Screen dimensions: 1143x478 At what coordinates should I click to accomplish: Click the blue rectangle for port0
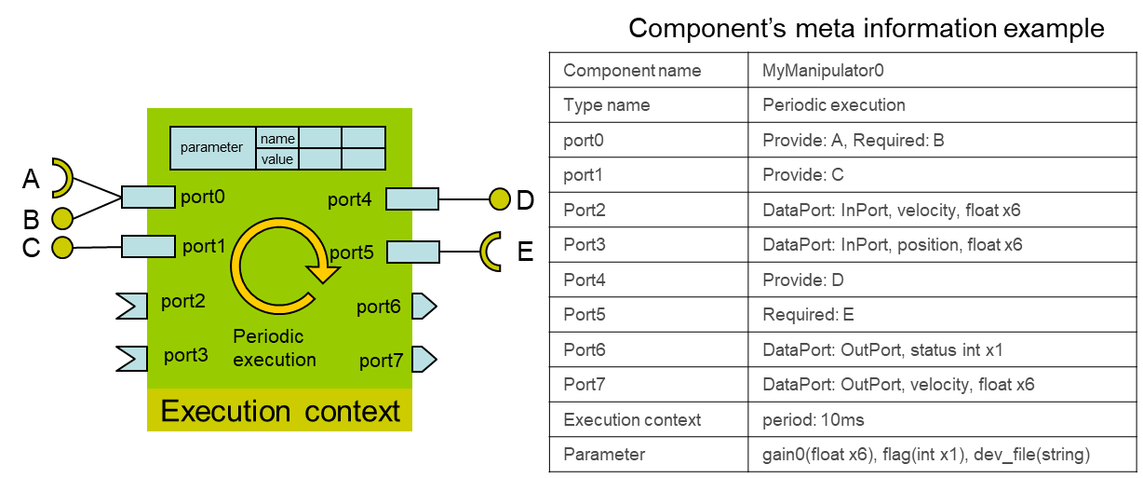point(149,198)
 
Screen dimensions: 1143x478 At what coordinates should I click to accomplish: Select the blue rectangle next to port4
point(412,199)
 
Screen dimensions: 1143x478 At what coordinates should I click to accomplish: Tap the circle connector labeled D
point(500,199)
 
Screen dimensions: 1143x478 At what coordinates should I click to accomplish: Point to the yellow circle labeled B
point(62,219)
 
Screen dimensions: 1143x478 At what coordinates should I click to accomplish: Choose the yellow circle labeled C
point(62,248)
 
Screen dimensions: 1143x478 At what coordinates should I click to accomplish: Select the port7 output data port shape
point(424,360)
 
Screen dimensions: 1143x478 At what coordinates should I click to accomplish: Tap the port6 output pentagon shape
point(424,307)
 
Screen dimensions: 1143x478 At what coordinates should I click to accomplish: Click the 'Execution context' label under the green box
point(279,411)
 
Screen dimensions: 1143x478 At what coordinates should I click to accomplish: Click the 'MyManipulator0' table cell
point(942,70)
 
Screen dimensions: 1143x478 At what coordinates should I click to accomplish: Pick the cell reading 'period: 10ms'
point(942,419)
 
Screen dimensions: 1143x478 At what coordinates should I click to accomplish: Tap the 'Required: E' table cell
point(942,315)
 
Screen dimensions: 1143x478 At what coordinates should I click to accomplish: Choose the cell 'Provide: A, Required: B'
point(942,140)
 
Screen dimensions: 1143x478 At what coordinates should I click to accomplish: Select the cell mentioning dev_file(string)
point(942,455)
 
